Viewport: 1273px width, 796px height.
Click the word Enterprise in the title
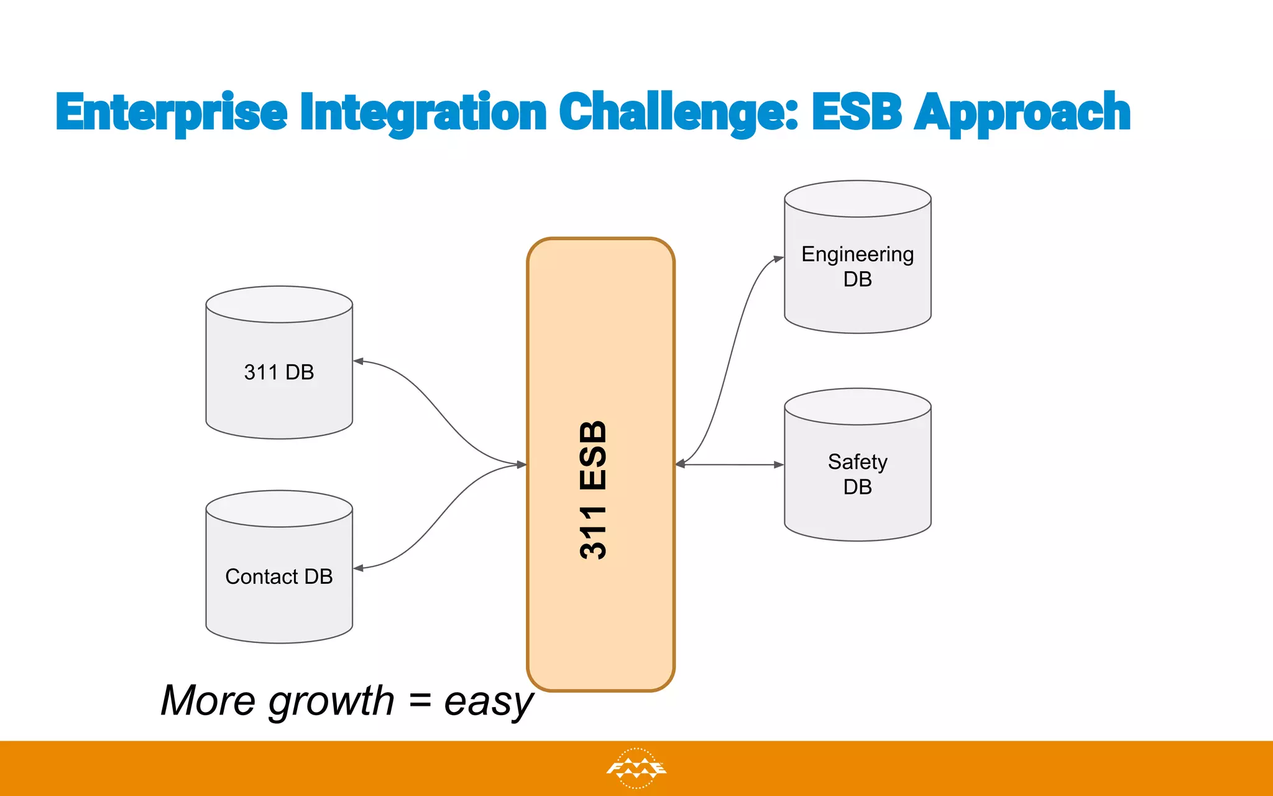(172, 113)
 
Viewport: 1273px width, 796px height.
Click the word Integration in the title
(423, 113)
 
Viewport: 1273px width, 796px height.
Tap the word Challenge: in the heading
(678, 113)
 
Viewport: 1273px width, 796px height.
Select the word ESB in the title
(857, 113)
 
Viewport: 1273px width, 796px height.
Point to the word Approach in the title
(1023, 113)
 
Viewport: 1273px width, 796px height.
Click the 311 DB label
(279, 372)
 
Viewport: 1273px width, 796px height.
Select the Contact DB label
(279, 576)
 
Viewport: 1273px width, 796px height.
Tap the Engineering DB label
(857, 266)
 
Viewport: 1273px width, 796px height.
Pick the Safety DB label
(857, 474)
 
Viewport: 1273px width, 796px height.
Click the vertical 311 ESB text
(594, 490)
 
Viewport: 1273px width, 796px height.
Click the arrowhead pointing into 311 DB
(359, 361)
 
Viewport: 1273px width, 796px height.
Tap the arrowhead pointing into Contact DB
(359, 568)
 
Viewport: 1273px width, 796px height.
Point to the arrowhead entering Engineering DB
(778, 259)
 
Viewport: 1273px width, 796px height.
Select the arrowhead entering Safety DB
(778, 465)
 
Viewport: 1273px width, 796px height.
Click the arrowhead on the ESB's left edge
(521, 465)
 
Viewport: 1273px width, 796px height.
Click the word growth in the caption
(331, 701)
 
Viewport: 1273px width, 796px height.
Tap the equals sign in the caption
(420, 701)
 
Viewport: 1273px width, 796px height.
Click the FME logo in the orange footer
(636, 769)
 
